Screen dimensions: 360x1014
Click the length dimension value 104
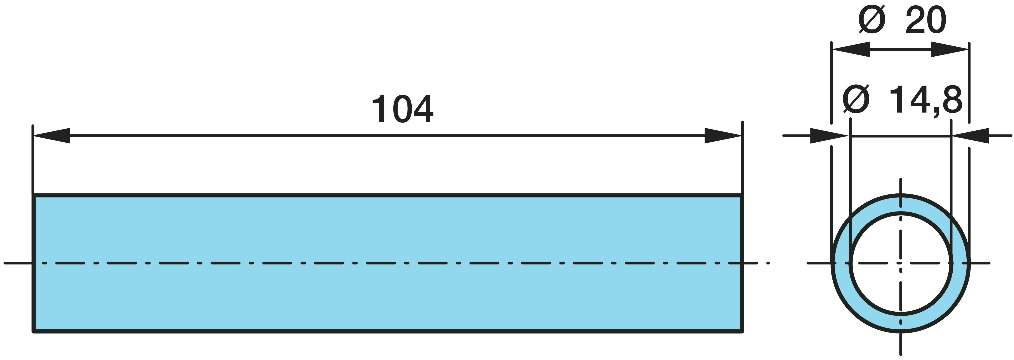click(402, 109)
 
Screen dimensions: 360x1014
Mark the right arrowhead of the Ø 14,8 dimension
click(971, 136)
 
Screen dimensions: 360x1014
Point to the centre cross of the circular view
click(901, 263)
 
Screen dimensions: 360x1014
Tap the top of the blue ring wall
click(901, 205)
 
